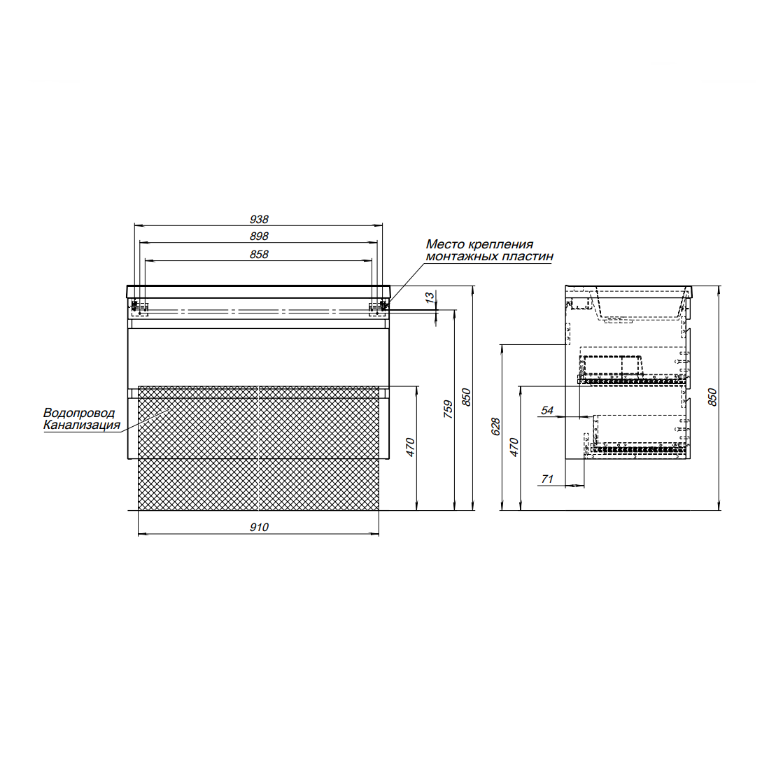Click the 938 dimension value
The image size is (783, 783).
tap(259, 219)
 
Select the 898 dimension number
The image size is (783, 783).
tap(259, 237)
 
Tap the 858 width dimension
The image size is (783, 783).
tap(259, 255)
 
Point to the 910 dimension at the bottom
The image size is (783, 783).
tap(259, 528)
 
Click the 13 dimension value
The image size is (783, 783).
tap(430, 298)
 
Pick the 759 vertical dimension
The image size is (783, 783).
tap(448, 409)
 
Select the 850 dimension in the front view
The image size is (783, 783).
tap(466, 397)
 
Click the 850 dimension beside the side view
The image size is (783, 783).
tap(712, 397)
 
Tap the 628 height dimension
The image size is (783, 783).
tap(495, 427)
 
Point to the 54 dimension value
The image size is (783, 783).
tap(547, 411)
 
